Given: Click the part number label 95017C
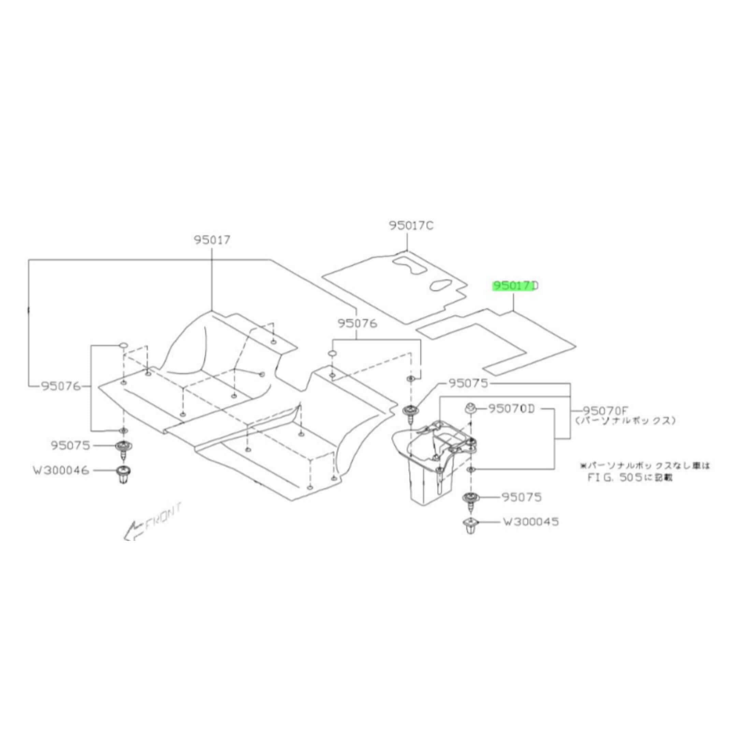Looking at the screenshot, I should (x=411, y=226).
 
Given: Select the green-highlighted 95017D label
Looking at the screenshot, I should (x=515, y=286).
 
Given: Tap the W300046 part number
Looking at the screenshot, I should (x=61, y=471).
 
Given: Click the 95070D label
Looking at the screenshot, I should (x=511, y=409).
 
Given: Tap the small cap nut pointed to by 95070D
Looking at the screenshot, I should (x=469, y=408).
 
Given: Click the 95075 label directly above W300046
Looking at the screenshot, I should (x=70, y=445).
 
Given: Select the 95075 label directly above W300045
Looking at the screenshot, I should (x=521, y=497).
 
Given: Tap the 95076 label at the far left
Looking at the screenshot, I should (x=61, y=387).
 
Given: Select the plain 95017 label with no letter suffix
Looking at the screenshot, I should (x=212, y=240).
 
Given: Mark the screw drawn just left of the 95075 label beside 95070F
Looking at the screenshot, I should (x=410, y=413).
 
